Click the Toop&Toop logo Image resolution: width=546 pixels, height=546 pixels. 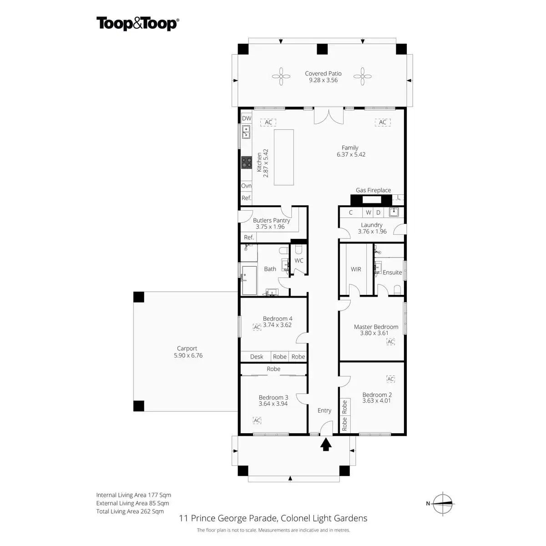138,24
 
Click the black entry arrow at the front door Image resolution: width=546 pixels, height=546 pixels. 326,444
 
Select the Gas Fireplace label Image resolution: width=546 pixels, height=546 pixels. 373,190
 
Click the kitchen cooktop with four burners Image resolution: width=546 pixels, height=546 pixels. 247,162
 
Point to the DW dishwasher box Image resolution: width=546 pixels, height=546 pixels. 247,118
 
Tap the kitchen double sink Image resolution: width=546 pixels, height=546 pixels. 246,132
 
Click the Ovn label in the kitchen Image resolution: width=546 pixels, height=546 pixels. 246,186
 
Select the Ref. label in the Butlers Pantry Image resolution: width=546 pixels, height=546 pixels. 249,237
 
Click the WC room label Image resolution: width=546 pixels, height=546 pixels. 298,260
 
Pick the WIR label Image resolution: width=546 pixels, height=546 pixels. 356,269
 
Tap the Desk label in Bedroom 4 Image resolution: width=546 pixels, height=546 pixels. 257,357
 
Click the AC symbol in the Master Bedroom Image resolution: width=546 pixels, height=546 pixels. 391,342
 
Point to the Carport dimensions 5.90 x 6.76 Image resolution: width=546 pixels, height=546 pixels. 188,355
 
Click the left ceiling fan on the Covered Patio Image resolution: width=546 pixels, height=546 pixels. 281,76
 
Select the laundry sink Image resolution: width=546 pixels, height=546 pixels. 394,212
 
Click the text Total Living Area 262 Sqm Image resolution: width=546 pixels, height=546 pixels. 130,511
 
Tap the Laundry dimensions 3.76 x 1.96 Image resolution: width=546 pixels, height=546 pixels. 372,231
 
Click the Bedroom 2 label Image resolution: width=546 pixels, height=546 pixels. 377,394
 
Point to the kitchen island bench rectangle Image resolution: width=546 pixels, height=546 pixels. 283,157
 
